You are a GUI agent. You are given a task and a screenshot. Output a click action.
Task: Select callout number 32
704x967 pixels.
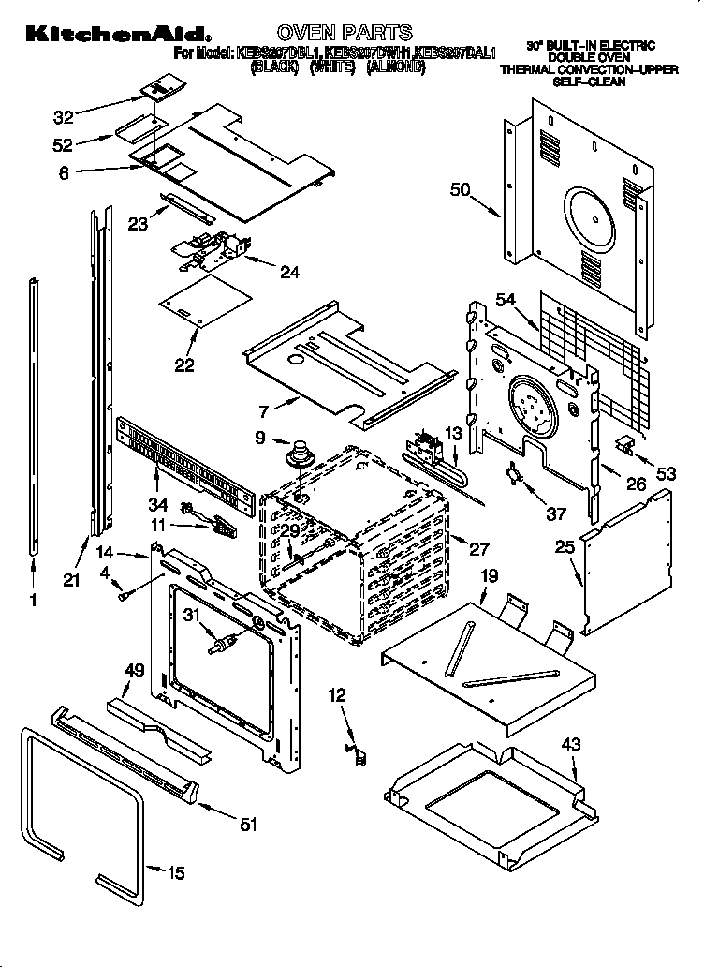click(64, 117)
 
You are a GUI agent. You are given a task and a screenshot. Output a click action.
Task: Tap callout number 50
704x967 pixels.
click(459, 190)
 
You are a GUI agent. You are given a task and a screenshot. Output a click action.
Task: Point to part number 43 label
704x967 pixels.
click(570, 744)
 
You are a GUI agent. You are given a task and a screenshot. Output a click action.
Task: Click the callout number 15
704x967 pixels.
click(175, 872)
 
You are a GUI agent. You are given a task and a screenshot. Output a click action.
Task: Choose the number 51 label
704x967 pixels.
click(248, 824)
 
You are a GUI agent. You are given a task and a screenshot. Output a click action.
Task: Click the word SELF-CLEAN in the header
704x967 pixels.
click(588, 82)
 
